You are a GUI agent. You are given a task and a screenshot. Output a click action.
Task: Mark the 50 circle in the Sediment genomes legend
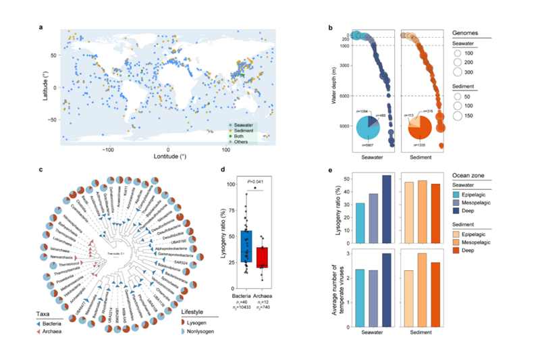tap(459, 97)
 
